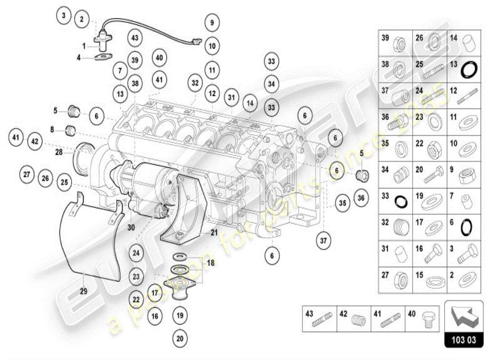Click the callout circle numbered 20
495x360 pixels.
tap(180, 337)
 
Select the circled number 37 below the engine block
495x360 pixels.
tap(323, 240)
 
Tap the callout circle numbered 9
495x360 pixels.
tap(211, 22)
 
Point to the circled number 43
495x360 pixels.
tap(135, 38)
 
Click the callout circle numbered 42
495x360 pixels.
tap(35, 141)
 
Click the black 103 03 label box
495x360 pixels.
tap(464, 340)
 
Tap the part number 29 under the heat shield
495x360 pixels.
tap(83, 291)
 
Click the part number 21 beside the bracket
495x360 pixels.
tap(214, 232)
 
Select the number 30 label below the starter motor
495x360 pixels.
tap(131, 227)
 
